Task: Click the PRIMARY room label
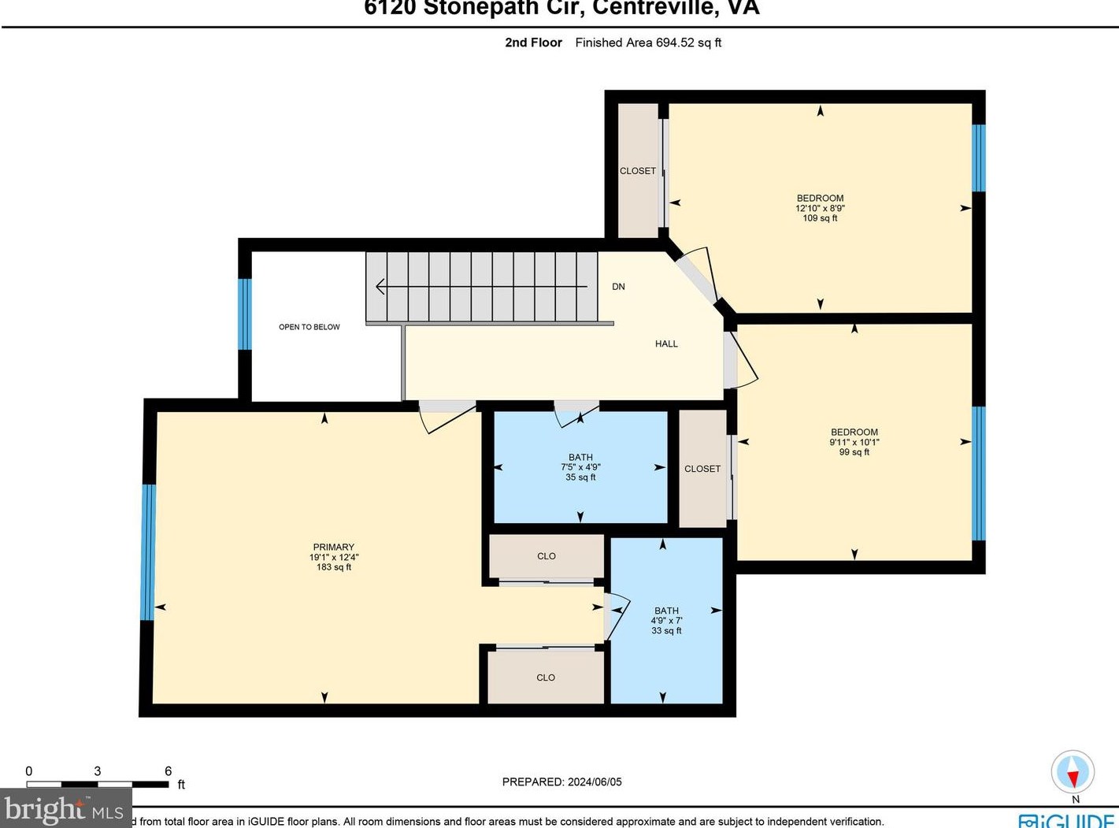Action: pyautogui.click(x=334, y=547)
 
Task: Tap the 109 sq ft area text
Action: pyautogui.click(x=820, y=218)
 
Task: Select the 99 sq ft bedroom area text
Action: pyautogui.click(x=854, y=452)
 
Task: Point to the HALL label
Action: pyautogui.click(x=666, y=343)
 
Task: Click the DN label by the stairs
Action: pyautogui.click(x=618, y=287)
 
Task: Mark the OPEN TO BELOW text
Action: pyautogui.click(x=309, y=327)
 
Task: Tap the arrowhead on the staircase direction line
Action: pyautogui.click(x=380, y=287)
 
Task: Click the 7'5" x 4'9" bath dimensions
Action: pyautogui.click(x=580, y=467)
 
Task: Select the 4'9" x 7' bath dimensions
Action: pyautogui.click(x=666, y=621)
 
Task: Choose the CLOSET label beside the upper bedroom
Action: pyautogui.click(x=637, y=171)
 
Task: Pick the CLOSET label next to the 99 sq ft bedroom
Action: pyautogui.click(x=702, y=469)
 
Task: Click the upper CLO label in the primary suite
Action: pyautogui.click(x=547, y=556)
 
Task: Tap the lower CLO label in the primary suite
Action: pyautogui.click(x=546, y=678)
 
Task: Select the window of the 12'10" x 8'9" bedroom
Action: pyautogui.click(x=978, y=158)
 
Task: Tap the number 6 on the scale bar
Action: pyautogui.click(x=168, y=771)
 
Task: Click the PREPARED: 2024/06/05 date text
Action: pyautogui.click(x=561, y=782)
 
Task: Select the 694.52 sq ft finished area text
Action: pyautogui.click(x=648, y=43)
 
